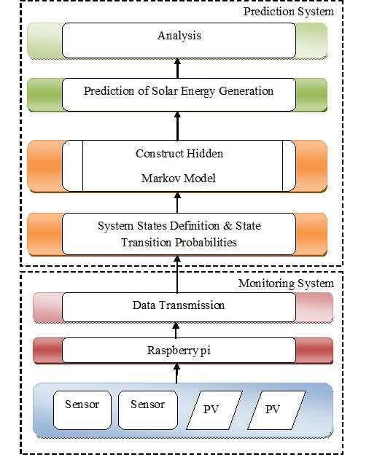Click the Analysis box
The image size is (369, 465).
pyautogui.click(x=179, y=40)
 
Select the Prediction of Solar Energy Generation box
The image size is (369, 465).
pyautogui.click(x=179, y=95)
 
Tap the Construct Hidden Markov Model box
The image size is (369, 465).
pyautogui.click(x=179, y=165)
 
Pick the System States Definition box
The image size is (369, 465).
pyautogui.click(x=179, y=234)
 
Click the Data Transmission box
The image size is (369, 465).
pyautogui.click(x=179, y=308)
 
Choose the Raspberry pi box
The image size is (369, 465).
pyautogui.click(x=179, y=351)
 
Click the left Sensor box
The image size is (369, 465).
pyautogui.click(x=82, y=410)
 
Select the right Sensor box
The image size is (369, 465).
pyautogui.click(x=148, y=410)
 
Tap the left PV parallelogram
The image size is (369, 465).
pyautogui.click(x=214, y=410)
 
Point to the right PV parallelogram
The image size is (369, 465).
pyautogui.click(x=276, y=410)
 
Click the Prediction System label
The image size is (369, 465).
pyautogui.click(x=289, y=12)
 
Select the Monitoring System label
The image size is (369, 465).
pyautogui.click(x=287, y=284)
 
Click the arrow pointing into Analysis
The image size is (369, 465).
pyautogui.click(x=177, y=69)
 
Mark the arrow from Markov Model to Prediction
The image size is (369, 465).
pyautogui.click(x=177, y=126)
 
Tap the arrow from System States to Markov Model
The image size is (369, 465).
pyautogui.click(x=177, y=203)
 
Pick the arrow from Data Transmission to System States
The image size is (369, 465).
pyautogui.click(x=177, y=274)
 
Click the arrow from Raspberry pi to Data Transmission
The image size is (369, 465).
pyautogui.click(x=176, y=330)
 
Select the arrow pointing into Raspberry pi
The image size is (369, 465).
pyautogui.click(x=176, y=374)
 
